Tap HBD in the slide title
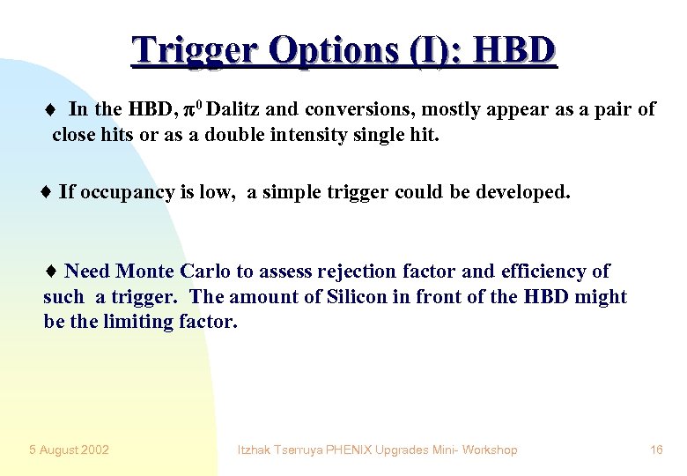tap(514, 51)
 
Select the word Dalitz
tap(233, 109)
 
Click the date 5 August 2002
tap(69, 450)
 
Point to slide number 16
tap(656, 450)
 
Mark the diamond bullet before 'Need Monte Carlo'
tap(50, 271)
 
